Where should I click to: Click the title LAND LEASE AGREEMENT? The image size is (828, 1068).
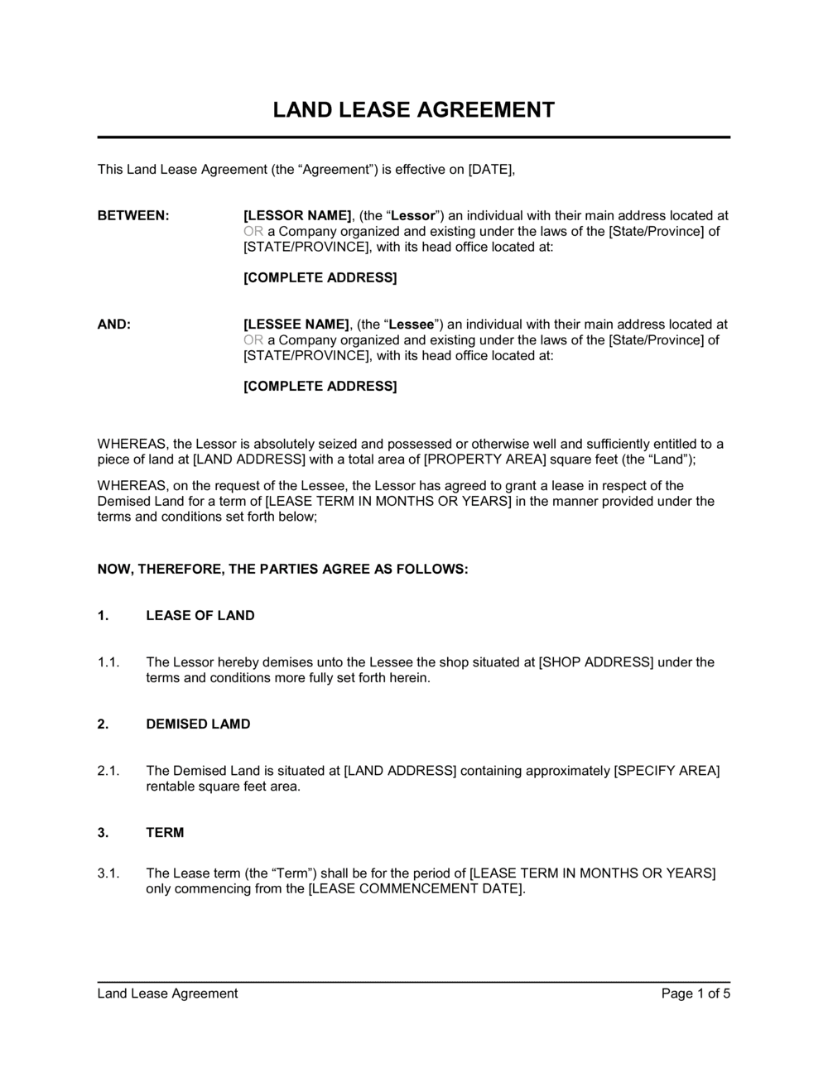414,110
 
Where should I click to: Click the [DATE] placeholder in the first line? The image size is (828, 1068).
491,170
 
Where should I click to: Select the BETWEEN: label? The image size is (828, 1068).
133,216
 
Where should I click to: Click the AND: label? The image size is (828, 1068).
114,325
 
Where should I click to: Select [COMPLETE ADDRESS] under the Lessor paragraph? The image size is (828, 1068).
320,277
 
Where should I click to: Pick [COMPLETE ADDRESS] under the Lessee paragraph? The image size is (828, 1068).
320,386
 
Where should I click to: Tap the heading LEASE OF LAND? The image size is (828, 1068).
200,615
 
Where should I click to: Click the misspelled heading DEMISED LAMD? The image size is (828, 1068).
198,724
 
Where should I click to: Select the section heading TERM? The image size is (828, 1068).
165,832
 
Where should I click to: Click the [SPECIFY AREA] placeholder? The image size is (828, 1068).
667,771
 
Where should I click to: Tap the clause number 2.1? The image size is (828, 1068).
109,771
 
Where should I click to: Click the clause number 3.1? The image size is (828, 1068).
109,873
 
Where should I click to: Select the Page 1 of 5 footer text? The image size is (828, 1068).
696,993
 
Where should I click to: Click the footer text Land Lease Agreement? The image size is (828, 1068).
167,993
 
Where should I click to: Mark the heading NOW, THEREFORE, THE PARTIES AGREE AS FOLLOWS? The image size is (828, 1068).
283,569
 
